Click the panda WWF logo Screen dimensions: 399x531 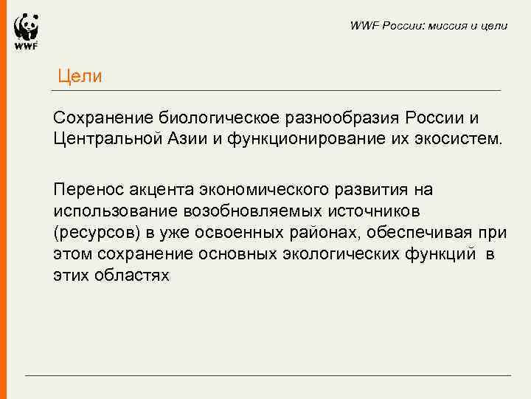(26, 32)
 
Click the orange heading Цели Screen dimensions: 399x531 (80, 76)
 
